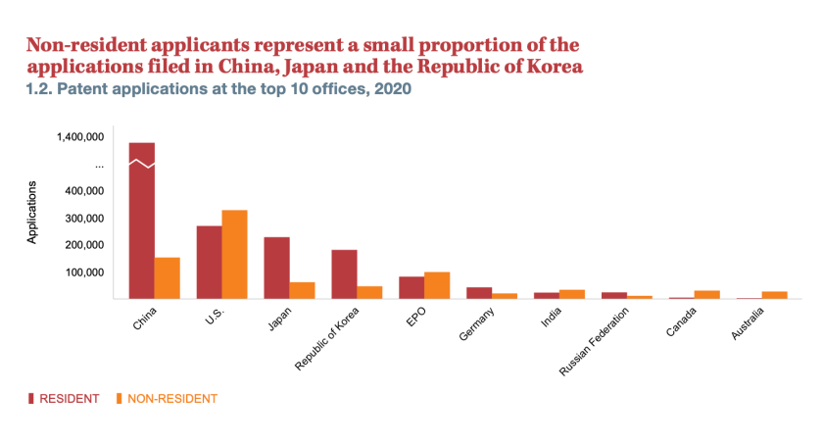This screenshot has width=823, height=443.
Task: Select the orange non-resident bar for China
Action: point(168,278)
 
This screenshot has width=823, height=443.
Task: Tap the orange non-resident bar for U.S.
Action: point(234,255)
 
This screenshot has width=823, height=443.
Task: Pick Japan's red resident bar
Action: point(276,268)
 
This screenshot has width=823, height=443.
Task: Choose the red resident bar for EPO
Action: point(411,287)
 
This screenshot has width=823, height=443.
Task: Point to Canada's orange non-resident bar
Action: point(707,294)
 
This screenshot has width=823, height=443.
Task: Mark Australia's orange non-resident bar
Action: point(775,295)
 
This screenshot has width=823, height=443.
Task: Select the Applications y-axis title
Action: point(32,213)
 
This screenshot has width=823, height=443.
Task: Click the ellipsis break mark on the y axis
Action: point(99,166)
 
